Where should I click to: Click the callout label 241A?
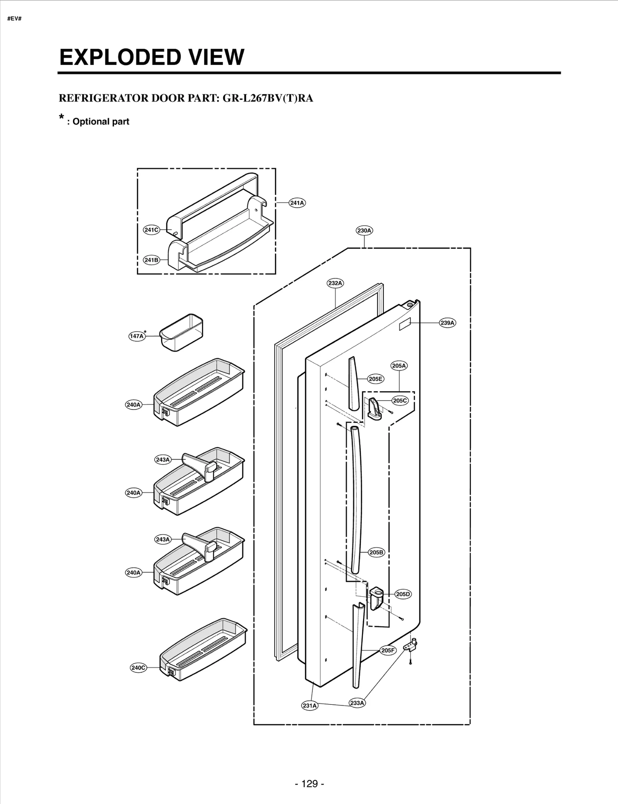pos(297,203)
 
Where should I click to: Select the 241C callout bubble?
pos(151,230)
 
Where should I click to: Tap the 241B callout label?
pos(151,260)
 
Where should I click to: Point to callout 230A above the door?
pos(364,230)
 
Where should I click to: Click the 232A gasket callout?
pos(335,283)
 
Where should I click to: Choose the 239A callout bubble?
pos(448,323)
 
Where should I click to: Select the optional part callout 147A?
pos(137,336)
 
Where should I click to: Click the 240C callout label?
pos(138,668)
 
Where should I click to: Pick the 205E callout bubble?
pos(375,379)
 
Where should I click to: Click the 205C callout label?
pos(400,401)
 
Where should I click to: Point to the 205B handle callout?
pos(376,552)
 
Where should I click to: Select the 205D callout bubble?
pos(403,594)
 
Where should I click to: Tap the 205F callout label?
pos(388,650)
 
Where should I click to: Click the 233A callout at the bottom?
pos(357,703)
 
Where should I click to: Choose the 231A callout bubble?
pos(309,706)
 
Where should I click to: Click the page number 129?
pos(309,784)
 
